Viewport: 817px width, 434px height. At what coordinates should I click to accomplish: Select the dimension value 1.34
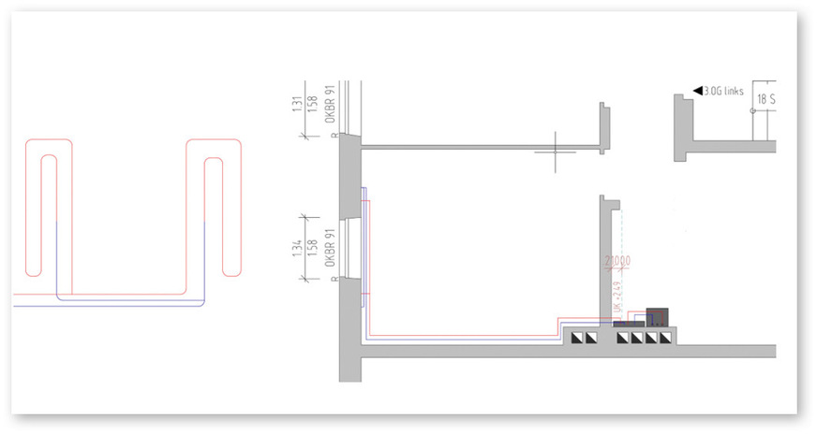point(297,248)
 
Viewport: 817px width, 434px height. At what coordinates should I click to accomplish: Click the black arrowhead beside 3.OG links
point(697,91)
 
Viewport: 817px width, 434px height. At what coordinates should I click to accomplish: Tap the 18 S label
point(767,96)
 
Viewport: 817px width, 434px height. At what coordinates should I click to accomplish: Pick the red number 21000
point(617,260)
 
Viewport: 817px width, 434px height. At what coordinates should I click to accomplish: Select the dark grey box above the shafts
point(658,316)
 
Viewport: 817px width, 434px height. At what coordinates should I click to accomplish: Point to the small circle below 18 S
point(753,109)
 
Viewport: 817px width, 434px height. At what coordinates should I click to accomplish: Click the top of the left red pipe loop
point(50,141)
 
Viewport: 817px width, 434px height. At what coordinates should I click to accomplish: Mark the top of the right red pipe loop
point(214,141)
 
